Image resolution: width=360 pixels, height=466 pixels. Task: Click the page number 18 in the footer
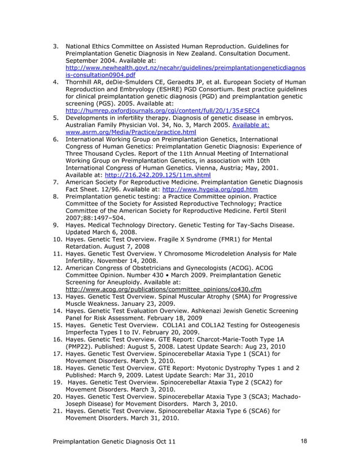[x=304, y=440]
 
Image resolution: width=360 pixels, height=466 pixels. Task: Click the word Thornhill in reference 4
[x=83, y=82]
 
